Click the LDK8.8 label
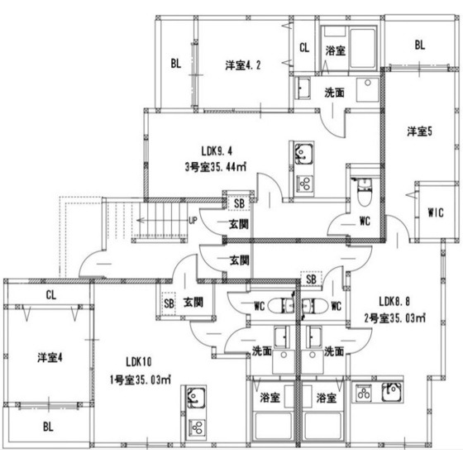(394, 301)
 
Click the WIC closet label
(437, 212)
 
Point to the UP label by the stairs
(193, 222)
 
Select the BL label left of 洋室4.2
(176, 63)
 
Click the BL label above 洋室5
(419, 45)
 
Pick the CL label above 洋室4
(50, 294)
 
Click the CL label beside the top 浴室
(304, 48)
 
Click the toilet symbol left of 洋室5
(362, 191)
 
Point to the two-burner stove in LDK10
(198, 428)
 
